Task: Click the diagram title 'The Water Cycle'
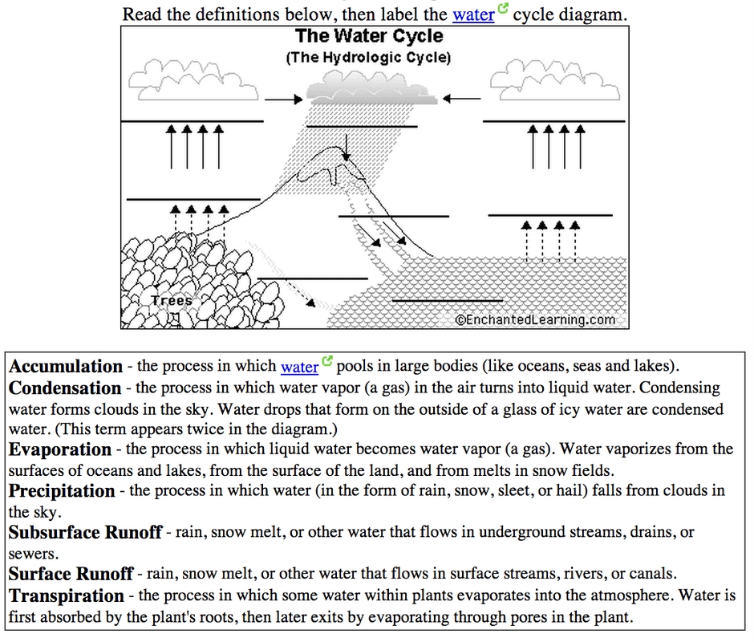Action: pyautogui.click(x=369, y=37)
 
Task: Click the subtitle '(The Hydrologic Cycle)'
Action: pyautogui.click(x=369, y=58)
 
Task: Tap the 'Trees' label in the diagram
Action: pyautogui.click(x=172, y=301)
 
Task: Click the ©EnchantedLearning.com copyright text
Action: pyautogui.click(x=535, y=319)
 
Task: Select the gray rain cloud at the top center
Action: pyautogui.click(x=371, y=89)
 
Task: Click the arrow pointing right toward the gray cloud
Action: pyautogui.click(x=282, y=100)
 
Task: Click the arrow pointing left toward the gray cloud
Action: pyautogui.click(x=460, y=99)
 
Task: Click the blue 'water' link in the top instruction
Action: pyautogui.click(x=473, y=14)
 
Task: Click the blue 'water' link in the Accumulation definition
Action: pyautogui.click(x=300, y=367)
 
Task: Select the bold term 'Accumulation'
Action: pyautogui.click(x=66, y=367)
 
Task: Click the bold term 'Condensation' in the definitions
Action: pyautogui.click(x=65, y=388)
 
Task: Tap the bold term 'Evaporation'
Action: pyautogui.click(x=60, y=449)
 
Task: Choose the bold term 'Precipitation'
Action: pyautogui.click(x=63, y=490)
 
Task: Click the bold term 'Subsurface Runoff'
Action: pyautogui.click(x=86, y=532)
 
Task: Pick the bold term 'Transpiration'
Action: pyautogui.click(x=67, y=595)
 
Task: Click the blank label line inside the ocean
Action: pyautogui.click(x=447, y=300)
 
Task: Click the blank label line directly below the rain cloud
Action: pyautogui.click(x=362, y=126)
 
